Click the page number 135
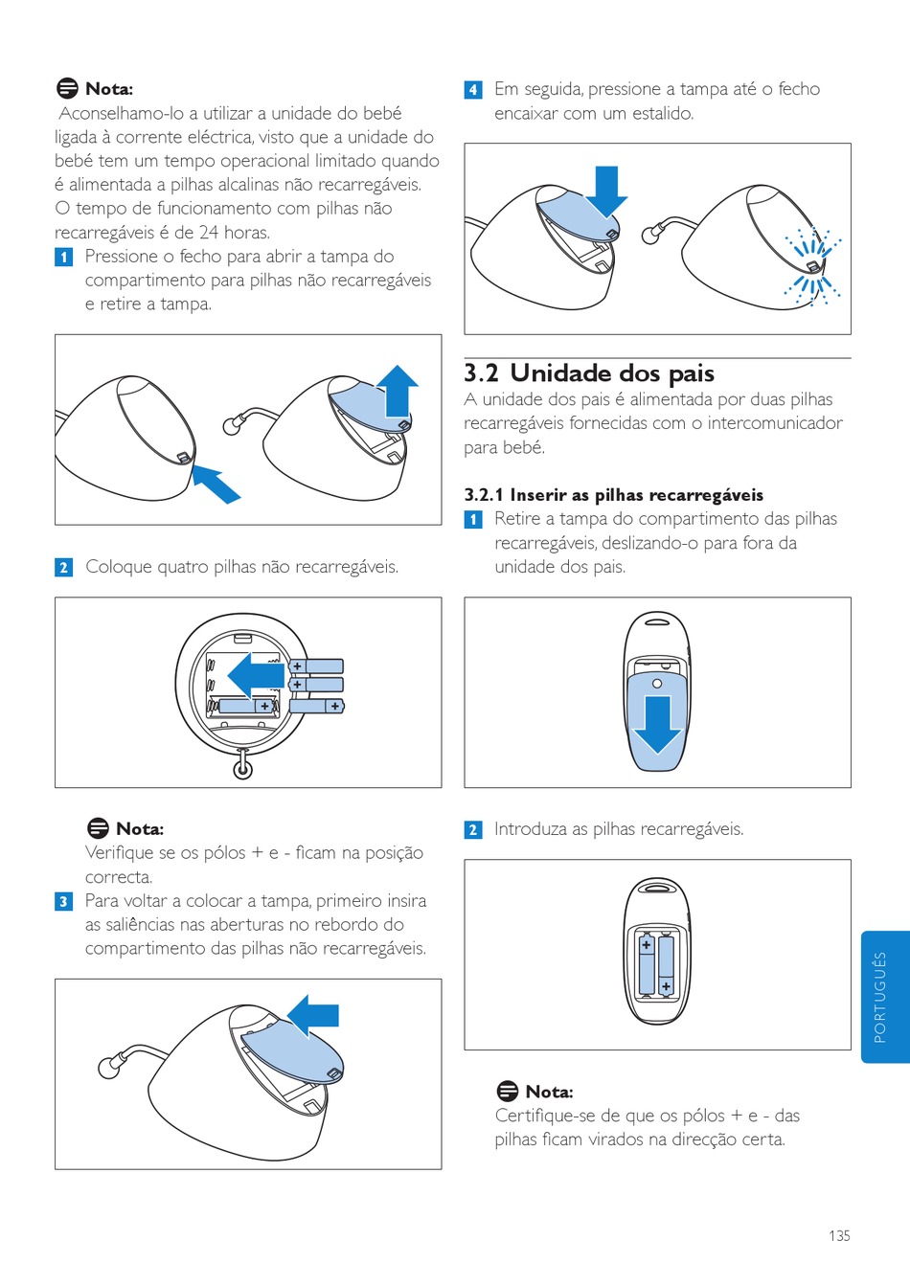(839, 1235)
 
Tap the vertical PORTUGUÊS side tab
(885, 997)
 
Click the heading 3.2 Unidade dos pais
(589, 373)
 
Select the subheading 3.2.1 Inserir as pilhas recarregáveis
(614, 495)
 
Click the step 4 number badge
(472, 90)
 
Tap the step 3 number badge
(63, 901)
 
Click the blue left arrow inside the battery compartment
(256, 676)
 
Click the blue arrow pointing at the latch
(216, 485)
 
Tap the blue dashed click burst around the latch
(813, 266)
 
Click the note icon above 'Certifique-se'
(508, 1091)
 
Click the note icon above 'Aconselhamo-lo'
(67, 88)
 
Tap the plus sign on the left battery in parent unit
(647, 944)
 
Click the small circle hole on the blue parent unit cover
(657, 683)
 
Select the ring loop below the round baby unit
(243, 769)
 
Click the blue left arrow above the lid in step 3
(313, 1016)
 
